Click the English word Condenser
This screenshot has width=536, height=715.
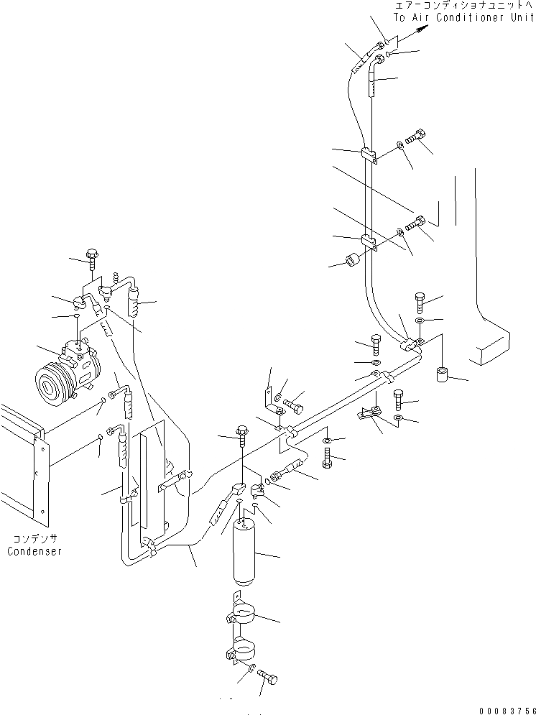[x=34, y=551]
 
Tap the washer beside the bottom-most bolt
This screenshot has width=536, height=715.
[x=251, y=670]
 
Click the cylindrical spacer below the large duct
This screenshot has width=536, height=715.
[x=443, y=375]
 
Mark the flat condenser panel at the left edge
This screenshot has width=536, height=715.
[x=22, y=467]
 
